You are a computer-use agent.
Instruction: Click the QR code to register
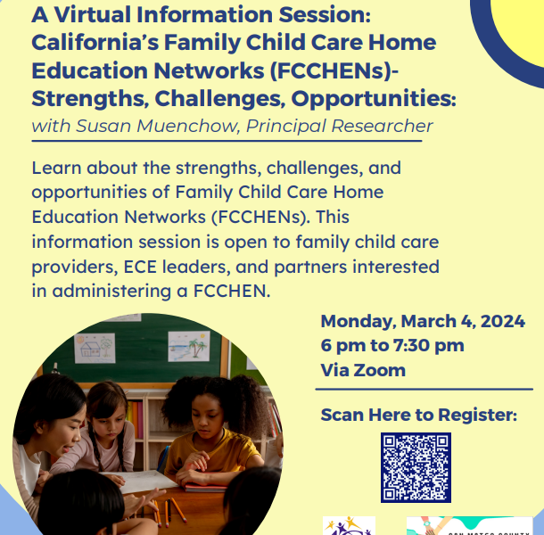[416, 467]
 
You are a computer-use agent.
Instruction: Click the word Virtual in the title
[92, 15]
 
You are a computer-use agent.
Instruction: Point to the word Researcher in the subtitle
[382, 126]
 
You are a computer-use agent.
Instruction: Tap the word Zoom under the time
[379, 370]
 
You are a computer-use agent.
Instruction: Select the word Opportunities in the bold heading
[374, 99]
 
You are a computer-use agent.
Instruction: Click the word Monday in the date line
[358, 322]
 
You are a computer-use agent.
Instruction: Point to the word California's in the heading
[95, 43]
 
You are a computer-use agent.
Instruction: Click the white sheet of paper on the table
[143, 481]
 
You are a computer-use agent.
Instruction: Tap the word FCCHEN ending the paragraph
[231, 291]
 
